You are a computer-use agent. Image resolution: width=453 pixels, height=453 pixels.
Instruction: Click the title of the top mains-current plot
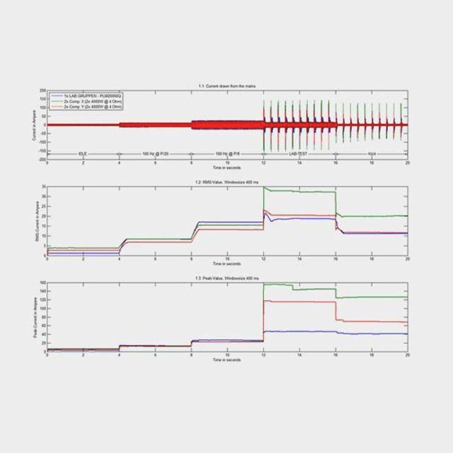coord(227,86)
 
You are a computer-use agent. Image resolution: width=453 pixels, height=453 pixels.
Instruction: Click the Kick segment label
coord(372,154)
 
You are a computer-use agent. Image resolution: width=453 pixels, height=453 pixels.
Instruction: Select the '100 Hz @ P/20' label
coord(155,154)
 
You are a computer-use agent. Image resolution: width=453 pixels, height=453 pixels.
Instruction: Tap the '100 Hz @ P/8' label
coord(226,154)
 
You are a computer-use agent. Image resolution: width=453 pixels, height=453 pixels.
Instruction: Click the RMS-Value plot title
coord(227,182)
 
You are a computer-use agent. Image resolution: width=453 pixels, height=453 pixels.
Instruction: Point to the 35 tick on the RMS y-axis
coord(43,187)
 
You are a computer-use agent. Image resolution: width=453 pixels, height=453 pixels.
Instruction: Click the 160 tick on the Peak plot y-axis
coord(42,283)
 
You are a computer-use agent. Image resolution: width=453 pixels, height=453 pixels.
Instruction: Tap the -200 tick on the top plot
coord(42,159)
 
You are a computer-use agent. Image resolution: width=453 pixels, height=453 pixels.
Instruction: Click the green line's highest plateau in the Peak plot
coord(276,285)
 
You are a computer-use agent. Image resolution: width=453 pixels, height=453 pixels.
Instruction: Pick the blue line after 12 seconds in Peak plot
coord(311,331)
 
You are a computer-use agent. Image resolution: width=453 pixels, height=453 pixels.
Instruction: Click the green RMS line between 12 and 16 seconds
coord(297,191)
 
